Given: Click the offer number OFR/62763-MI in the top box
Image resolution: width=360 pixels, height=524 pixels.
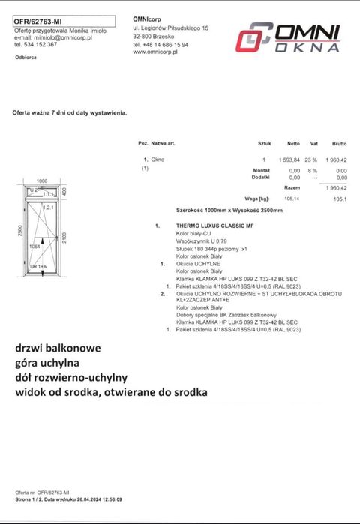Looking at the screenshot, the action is (x=40, y=22).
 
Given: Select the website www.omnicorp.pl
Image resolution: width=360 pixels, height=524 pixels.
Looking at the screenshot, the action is (x=154, y=52).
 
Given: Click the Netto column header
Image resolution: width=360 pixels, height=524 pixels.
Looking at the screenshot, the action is (x=293, y=142).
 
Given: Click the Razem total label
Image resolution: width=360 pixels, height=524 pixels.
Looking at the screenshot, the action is (x=292, y=188).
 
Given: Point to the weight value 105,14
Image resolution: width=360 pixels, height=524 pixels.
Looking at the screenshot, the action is (x=291, y=199).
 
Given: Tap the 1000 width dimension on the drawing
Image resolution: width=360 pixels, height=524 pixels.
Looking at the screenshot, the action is (x=42, y=181).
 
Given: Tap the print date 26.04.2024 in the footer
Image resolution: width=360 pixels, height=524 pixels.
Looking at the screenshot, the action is (x=83, y=499).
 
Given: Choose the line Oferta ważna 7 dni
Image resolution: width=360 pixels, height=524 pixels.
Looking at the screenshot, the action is (x=70, y=112).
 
